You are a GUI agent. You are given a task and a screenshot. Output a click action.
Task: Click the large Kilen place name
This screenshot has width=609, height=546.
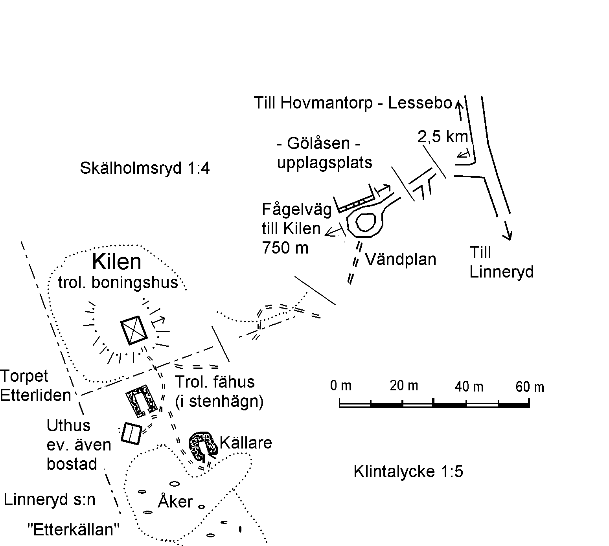[x=116, y=262]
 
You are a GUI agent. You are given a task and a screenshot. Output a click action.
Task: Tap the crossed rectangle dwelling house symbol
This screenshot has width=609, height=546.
[x=134, y=330]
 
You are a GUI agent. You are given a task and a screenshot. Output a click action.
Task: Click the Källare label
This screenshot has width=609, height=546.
[x=246, y=443]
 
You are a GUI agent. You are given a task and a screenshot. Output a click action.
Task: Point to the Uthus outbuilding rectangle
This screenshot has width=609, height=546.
[x=131, y=433]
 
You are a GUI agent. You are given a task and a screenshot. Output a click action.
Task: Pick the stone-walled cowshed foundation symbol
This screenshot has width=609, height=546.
[x=141, y=401]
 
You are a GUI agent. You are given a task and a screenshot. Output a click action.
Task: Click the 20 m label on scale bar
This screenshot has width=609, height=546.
[x=404, y=386]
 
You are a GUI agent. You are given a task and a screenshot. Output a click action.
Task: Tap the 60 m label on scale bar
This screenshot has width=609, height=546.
[x=530, y=387]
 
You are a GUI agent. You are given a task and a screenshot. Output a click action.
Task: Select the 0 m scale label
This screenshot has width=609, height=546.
[x=340, y=385]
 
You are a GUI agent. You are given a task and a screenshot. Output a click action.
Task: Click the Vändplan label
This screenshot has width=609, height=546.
[x=400, y=259]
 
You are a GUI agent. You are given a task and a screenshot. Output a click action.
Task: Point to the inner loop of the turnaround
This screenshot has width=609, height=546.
[x=366, y=222]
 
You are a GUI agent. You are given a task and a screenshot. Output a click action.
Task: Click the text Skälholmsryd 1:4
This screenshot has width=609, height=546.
[x=145, y=168]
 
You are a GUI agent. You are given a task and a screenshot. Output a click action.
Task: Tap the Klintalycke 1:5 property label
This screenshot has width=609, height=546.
[x=408, y=471]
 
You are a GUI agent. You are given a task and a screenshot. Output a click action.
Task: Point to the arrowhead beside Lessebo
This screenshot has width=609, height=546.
[x=459, y=106]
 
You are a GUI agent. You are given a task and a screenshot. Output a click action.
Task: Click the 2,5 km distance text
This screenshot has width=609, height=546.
[x=443, y=137]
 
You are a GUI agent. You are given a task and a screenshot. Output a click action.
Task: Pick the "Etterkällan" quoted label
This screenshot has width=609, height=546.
[x=74, y=529]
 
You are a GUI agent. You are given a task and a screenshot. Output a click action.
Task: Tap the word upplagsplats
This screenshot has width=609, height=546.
[x=325, y=163]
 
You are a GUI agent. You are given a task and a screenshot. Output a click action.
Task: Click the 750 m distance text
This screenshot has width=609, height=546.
[x=285, y=248]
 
